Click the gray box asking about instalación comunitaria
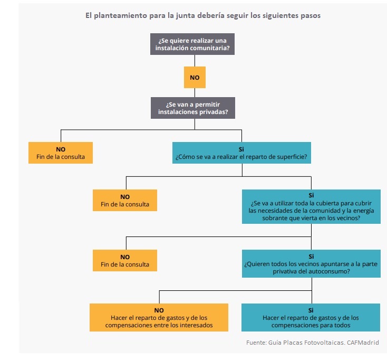[x=194, y=44]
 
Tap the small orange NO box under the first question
[x=194, y=77]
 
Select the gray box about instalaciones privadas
[x=194, y=108]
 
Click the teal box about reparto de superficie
[x=241, y=153]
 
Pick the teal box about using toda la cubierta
[x=311, y=206]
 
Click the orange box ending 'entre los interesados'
[x=159, y=318]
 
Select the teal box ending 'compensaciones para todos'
[x=311, y=318]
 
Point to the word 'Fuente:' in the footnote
[x=257, y=343]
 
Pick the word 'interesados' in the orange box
[x=196, y=325]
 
